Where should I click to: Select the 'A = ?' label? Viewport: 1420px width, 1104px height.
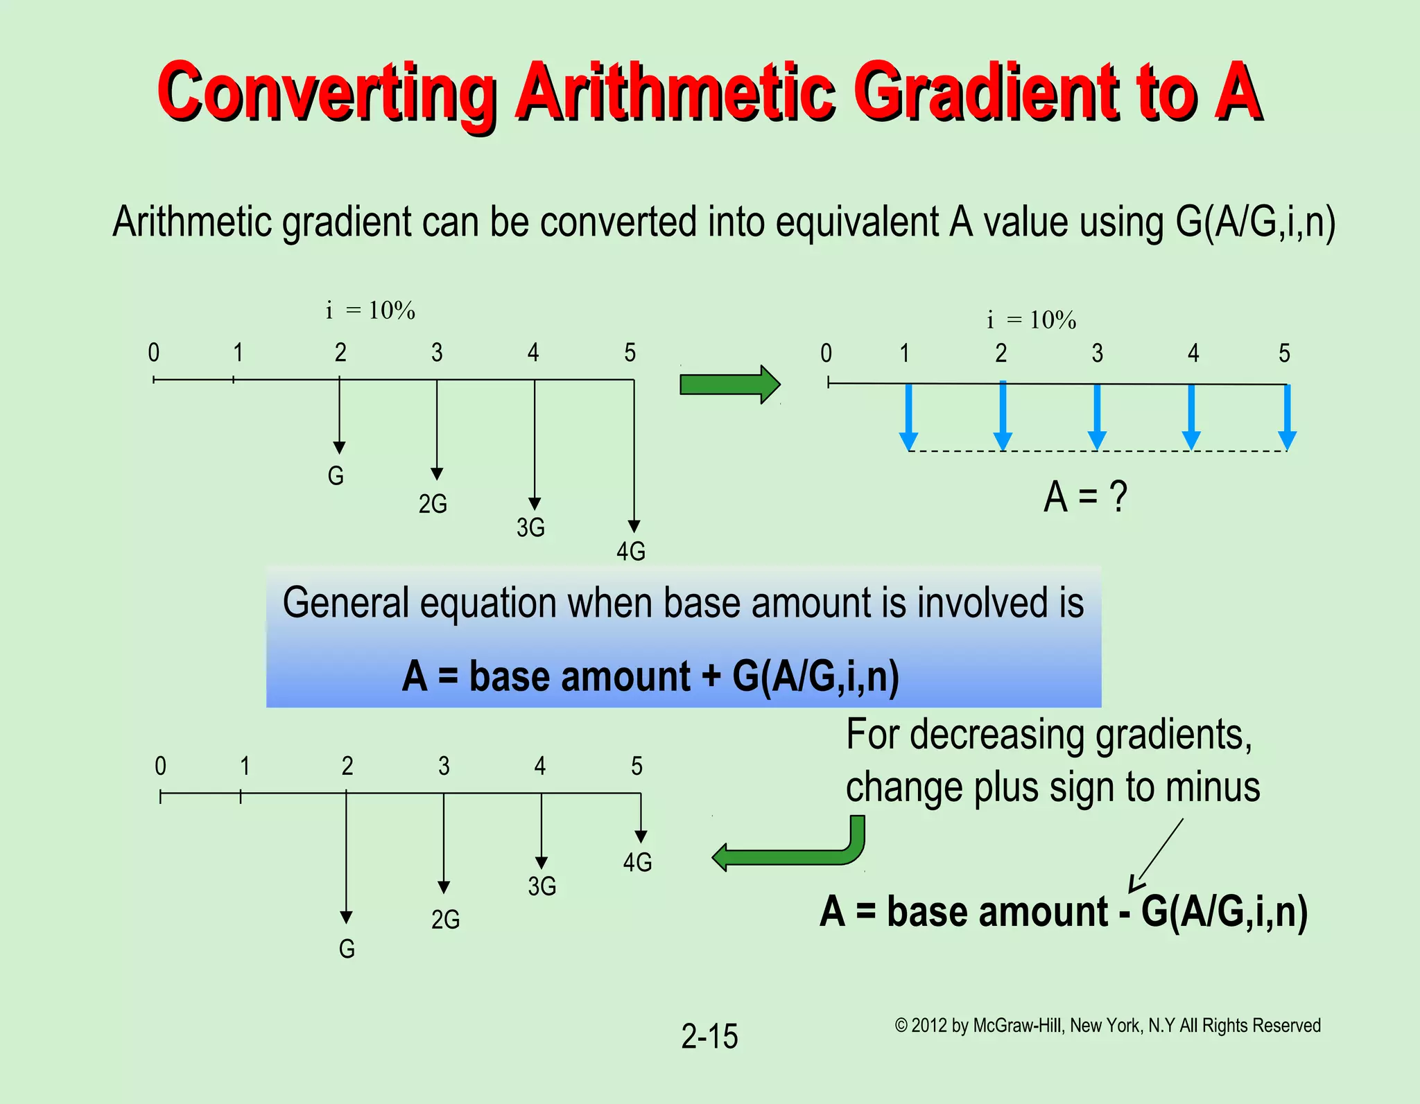click(x=1085, y=497)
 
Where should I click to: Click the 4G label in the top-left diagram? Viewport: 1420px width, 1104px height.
click(x=631, y=552)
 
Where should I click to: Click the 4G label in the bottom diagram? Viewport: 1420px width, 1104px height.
click(x=637, y=863)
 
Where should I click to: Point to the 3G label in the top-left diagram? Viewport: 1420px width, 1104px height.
click(x=530, y=528)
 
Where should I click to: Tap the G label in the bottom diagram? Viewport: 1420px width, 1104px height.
click(x=347, y=949)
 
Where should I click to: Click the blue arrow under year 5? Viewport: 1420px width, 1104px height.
click(x=1287, y=417)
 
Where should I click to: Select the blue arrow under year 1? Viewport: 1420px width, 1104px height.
click(x=908, y=417)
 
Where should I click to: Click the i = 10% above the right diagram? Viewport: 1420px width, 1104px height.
click(x=1031, y=320)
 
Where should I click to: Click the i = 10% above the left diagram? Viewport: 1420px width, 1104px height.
click(x=370, y=310)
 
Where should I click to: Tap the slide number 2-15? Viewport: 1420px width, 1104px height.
click(x=709, y=1037)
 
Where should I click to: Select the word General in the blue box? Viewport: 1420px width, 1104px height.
click(x=345, y=603)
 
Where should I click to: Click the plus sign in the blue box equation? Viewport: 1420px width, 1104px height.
click(x=711, y=676)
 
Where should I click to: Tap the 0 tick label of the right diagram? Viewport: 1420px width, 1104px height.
click(x=826, y=353)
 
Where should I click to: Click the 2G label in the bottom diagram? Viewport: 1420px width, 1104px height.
click(x=445, y=920)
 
